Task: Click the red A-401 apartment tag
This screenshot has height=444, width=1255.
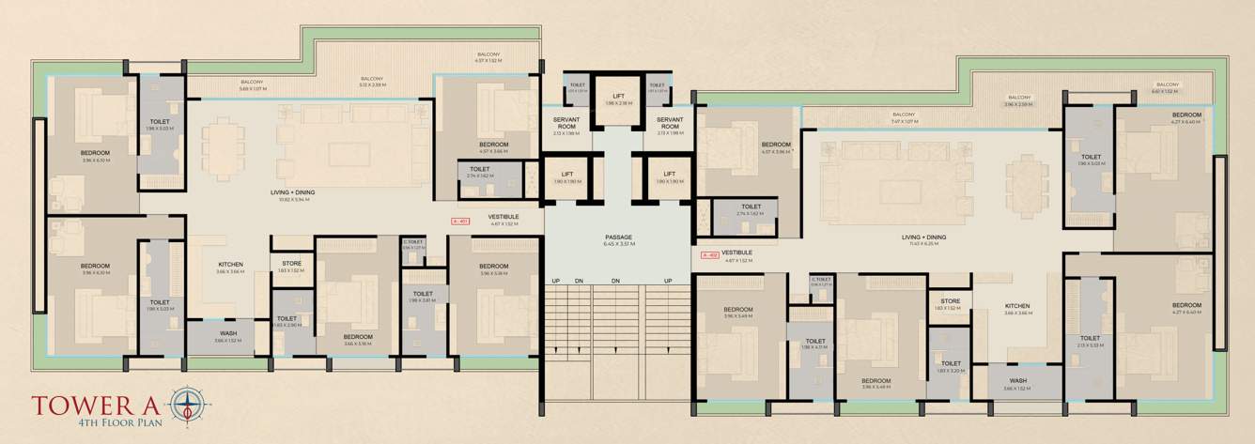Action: coord(459,222)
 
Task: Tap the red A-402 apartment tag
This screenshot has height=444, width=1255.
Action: coord(710,254)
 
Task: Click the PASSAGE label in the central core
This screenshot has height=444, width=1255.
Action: coord(619,237)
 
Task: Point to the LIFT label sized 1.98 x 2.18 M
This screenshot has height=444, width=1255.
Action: coord(618,96)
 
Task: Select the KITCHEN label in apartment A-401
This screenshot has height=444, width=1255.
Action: coord(231,265)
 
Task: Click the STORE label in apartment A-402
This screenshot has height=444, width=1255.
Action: coord(950,301)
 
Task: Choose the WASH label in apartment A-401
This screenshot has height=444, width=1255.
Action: coord(228,333)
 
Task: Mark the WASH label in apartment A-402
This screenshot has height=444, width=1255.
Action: coord(1017,381)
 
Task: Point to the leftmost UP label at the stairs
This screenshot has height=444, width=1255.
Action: coord(556,281)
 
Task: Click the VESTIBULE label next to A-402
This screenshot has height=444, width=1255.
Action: coord(737,253)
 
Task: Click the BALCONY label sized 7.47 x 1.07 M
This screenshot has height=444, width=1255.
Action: coord(905,116)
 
